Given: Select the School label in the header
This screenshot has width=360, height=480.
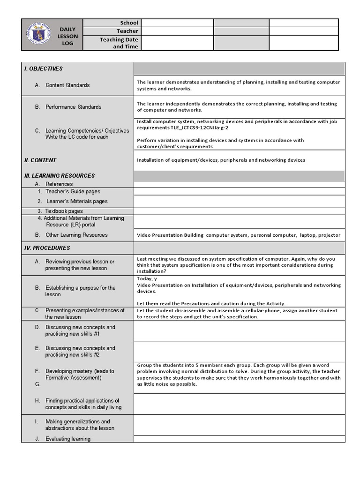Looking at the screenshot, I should click(129, 22).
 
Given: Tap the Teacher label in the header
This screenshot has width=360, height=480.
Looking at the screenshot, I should click(127, 31).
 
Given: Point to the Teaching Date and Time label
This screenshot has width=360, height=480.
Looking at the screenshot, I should click(119, 43).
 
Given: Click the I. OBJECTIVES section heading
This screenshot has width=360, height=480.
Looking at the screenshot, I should click(44, 69).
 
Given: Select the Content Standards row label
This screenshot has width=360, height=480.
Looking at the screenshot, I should click(67, 85).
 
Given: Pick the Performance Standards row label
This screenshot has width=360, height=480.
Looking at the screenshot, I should click(73, 107).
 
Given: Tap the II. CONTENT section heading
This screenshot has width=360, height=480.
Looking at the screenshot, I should click(40, 160).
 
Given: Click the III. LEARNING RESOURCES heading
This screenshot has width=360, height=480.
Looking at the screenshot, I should click(60, 176).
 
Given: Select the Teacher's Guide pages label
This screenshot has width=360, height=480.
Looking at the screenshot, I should click(72, 191).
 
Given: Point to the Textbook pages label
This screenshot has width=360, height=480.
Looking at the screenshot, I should click(64, 211).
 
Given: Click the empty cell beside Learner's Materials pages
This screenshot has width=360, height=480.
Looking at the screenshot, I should click(239, 202).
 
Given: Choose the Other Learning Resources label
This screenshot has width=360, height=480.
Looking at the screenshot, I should click(76, 235).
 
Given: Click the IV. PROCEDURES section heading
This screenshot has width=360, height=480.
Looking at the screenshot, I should click(47, 248).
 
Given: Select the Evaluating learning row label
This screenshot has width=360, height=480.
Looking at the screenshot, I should click(67, 439).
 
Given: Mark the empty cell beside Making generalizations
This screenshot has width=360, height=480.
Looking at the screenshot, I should click(239, 425).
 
